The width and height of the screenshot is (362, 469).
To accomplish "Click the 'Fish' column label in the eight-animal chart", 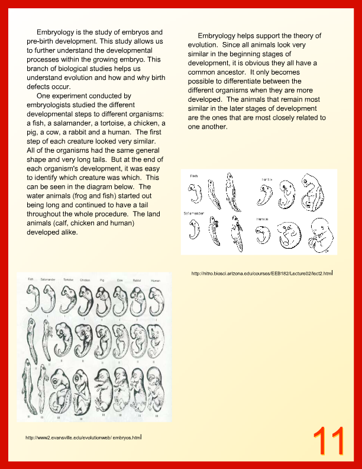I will point(31,279).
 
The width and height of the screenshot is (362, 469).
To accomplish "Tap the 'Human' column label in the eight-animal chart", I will point(156,280).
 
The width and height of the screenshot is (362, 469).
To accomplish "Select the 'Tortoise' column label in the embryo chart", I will point(69,280).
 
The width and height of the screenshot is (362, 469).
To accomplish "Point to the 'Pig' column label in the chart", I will point(103,280).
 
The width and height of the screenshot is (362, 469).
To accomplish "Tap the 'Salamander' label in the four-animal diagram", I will point(197,217).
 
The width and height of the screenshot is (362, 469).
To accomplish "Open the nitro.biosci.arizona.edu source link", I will point(261,274).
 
